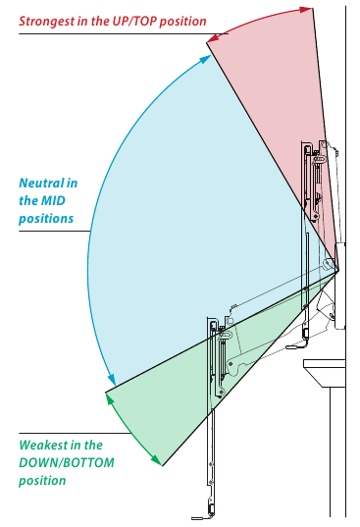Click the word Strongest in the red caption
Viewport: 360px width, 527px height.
click(x=47, y=22)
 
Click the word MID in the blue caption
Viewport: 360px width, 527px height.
click(x=53, y=200)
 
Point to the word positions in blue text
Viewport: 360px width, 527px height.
click(x=46, y=219)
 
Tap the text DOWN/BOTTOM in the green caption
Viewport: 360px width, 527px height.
click(x=67, y=463)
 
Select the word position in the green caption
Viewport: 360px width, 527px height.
click(x=42, y=481)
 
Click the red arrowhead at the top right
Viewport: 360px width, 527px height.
click(x=306, y=10)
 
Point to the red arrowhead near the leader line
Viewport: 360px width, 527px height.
click(x=213, y=38)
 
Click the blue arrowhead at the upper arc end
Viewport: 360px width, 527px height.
click(x=204, y=59)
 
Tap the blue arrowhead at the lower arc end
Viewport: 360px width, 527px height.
click(x=112, y=380)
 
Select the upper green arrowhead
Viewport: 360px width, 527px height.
click(x=110, y=398)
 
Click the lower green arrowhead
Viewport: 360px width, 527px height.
click(x=157, y=460)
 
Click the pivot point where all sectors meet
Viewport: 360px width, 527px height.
click(x=337, y=270)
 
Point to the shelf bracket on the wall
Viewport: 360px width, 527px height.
click(x=325, y=373)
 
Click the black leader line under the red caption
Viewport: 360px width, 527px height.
click(x=124, y=33)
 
